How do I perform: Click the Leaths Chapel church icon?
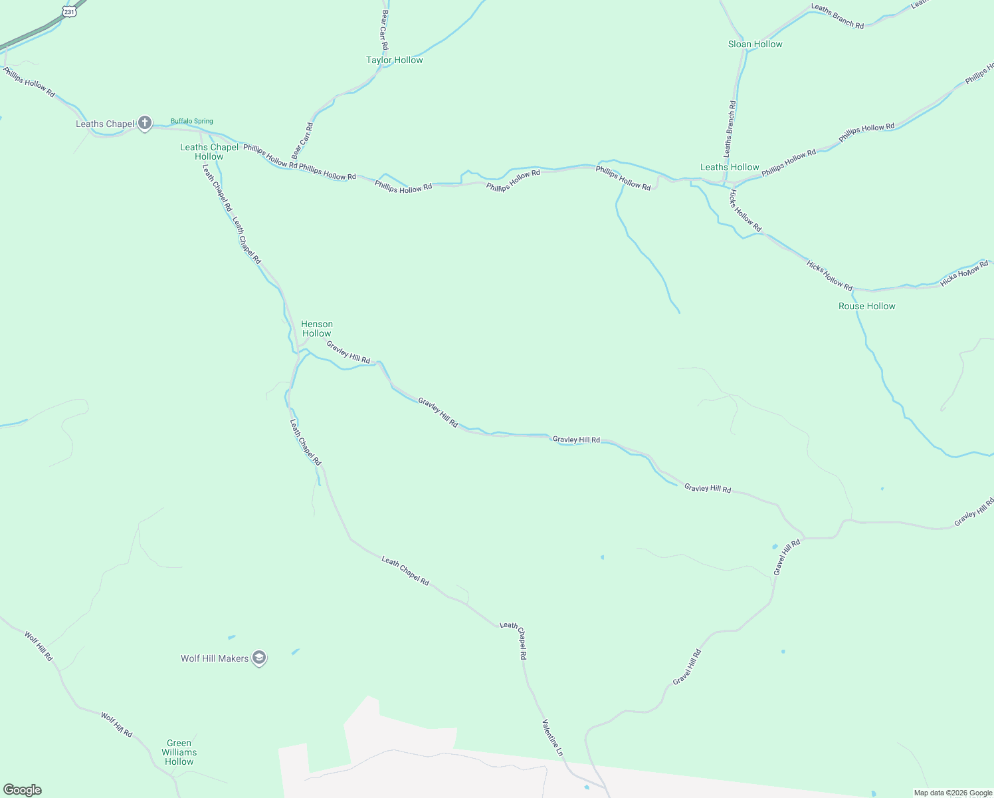145,123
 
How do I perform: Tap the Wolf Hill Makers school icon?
259,658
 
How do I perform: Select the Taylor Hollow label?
394,60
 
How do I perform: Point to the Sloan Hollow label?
755,44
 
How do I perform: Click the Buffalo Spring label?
191,121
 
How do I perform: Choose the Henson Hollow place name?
316,329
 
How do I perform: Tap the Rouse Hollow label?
866,306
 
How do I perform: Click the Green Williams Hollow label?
179,752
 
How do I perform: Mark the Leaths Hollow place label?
730,167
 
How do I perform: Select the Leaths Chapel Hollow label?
209,152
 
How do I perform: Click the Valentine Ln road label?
552,737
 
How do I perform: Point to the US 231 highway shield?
70,11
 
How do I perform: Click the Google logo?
23,790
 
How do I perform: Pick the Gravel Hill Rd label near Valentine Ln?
687,667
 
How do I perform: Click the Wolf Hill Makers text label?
215,658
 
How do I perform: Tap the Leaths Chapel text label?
105,124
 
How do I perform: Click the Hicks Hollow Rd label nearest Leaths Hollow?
745,211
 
